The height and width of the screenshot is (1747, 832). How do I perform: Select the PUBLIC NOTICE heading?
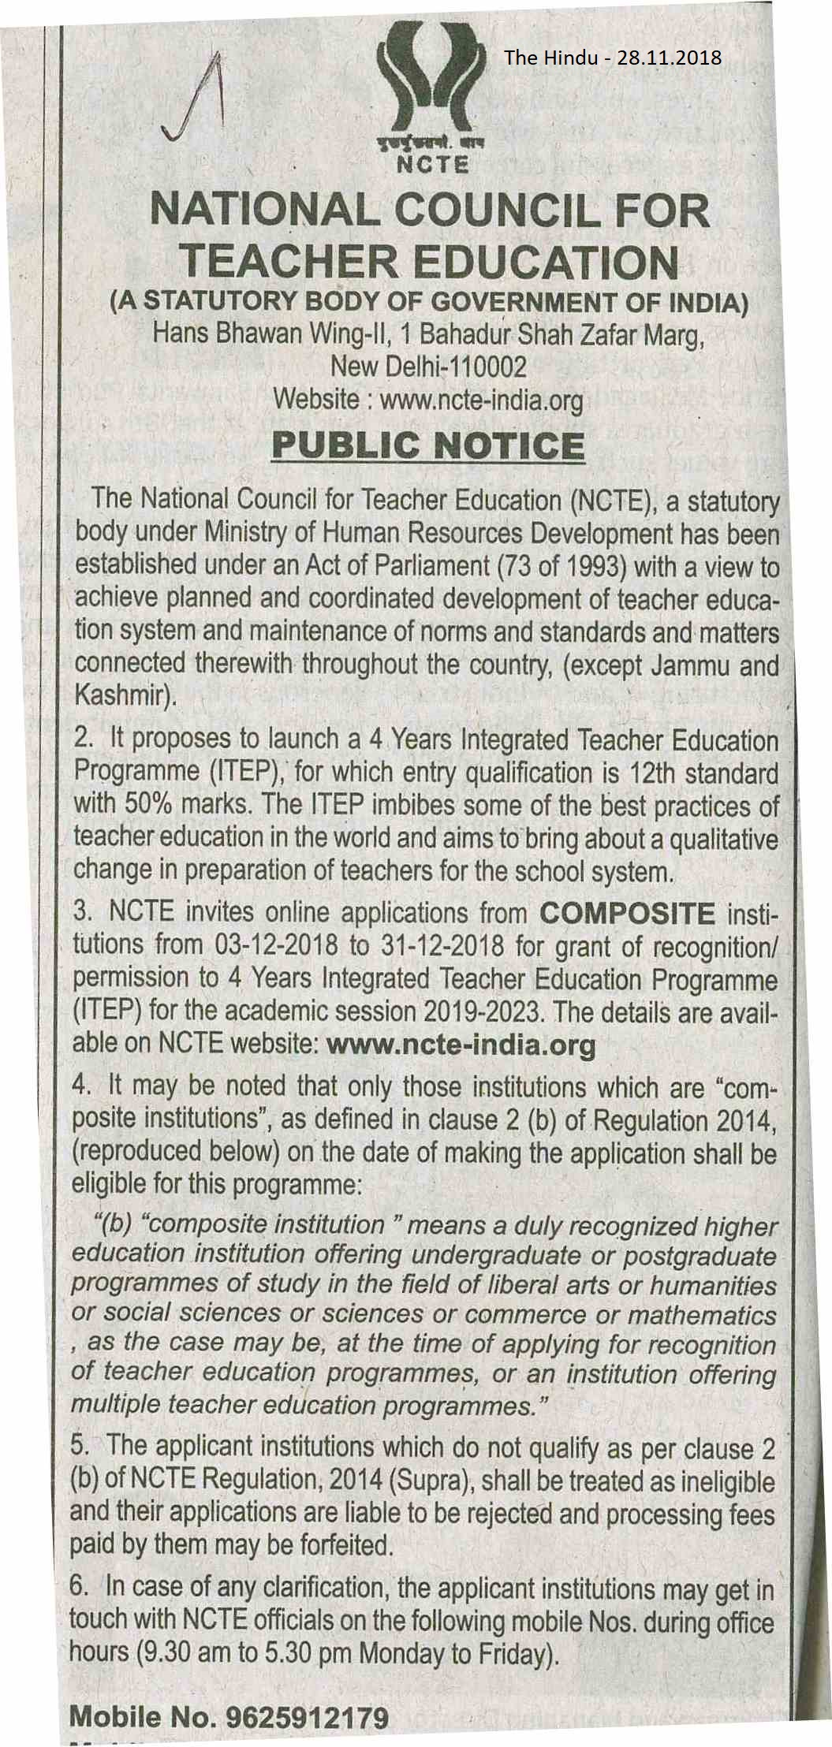click(427, 446)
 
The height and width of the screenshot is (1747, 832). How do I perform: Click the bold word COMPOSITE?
click(627, 914)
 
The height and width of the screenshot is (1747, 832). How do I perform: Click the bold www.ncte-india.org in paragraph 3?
click(461, 1045)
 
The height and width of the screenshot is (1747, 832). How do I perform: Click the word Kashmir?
click(119, 697)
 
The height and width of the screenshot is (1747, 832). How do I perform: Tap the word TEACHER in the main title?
click(288, 263)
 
